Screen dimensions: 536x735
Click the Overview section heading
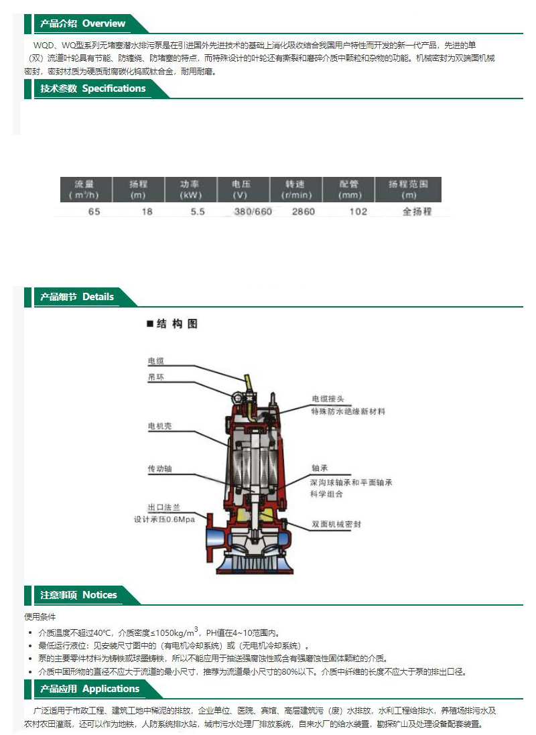(82, 23)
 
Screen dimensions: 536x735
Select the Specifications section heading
(93, 88)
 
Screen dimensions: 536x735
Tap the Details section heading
(77, 297)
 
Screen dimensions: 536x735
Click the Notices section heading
(78, 595)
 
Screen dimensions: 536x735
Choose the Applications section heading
(90, 689)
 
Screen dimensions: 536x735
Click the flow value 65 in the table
(94, 212)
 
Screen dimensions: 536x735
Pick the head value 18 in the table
(147, 212)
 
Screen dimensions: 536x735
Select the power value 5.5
(198, 212)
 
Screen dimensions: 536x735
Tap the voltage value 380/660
(253, 212)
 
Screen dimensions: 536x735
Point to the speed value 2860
(304, 212)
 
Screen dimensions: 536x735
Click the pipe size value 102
(358, 212)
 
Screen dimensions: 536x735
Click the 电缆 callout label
(156, 361)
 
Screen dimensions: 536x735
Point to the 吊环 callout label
(156, 377)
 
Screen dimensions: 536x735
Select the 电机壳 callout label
(160, 426)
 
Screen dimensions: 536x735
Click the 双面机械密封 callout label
(337, 524)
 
